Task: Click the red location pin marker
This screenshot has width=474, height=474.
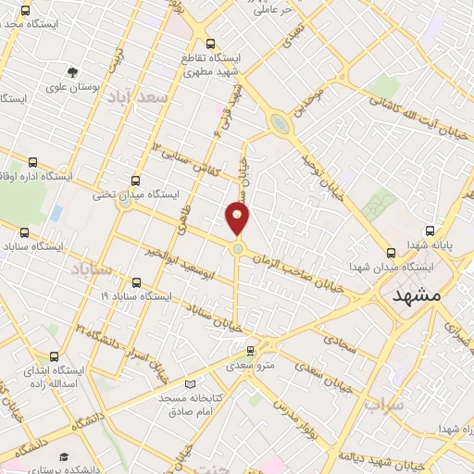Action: pyautogui.click(x=238, y=218)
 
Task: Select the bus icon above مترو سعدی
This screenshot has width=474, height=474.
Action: pyautogui.click(x=250, y=350)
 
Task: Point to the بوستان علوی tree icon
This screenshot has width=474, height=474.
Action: pyautogui.click(x=72, y=72)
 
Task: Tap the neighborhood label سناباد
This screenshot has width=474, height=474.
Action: pyautogui.click(x=90, y=269)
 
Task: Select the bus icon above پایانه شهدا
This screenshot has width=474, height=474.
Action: pyautogui.click(x=430, y=231)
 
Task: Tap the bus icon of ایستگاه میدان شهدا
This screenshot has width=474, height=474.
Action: pyautogui.click(x=391, y=251)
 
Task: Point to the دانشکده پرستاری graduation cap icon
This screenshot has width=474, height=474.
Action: pyautogui.click(x=64, y=457)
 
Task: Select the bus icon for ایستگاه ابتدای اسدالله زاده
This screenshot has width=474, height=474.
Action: pyautogui.click(x=54, y=356)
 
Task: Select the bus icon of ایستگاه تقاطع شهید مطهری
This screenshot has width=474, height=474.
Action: pyautogui.click(x=210, y=44)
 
